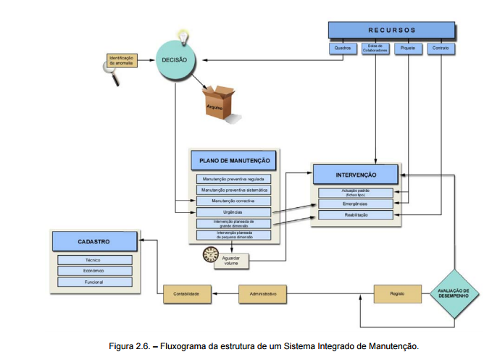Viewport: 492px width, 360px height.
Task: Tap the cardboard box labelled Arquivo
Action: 220,102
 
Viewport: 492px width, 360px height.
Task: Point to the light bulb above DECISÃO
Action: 183,35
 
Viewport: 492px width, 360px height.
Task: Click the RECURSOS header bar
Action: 392,30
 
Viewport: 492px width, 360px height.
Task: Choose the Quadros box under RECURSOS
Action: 342,49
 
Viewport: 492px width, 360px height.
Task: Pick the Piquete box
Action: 409,49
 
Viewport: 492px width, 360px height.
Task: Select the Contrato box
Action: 441,49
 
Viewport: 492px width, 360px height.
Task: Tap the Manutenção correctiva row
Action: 233,201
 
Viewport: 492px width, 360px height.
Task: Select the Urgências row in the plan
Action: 233,212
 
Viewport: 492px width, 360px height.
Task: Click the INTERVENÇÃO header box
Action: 356,175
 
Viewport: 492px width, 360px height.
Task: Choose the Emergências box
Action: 356,204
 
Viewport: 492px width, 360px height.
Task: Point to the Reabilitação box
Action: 356,216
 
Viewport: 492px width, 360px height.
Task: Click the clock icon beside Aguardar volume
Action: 211,254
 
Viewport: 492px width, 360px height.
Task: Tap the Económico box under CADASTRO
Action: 94,271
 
